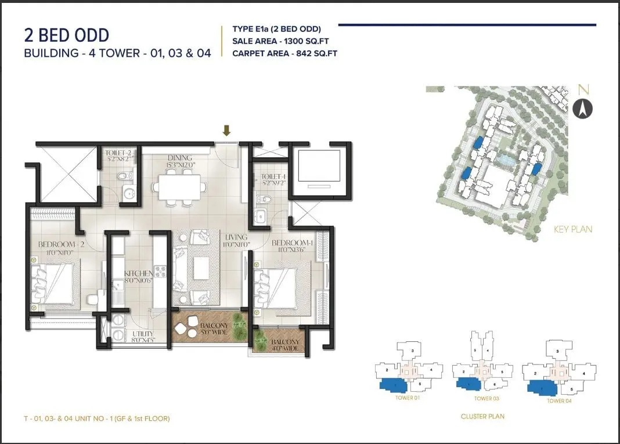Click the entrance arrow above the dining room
pos(226,131)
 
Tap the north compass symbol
pos(582,108)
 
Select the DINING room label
pos(179,158)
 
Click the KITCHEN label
pos(139,273)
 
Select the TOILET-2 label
pos(118,154)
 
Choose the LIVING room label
pos(237,237)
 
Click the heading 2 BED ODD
pos(66,35)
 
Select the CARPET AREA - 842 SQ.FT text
pos(284,53)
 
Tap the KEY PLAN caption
pos(573,229)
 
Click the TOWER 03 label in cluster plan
pos(486,399)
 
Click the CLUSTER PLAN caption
pos(482,416)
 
